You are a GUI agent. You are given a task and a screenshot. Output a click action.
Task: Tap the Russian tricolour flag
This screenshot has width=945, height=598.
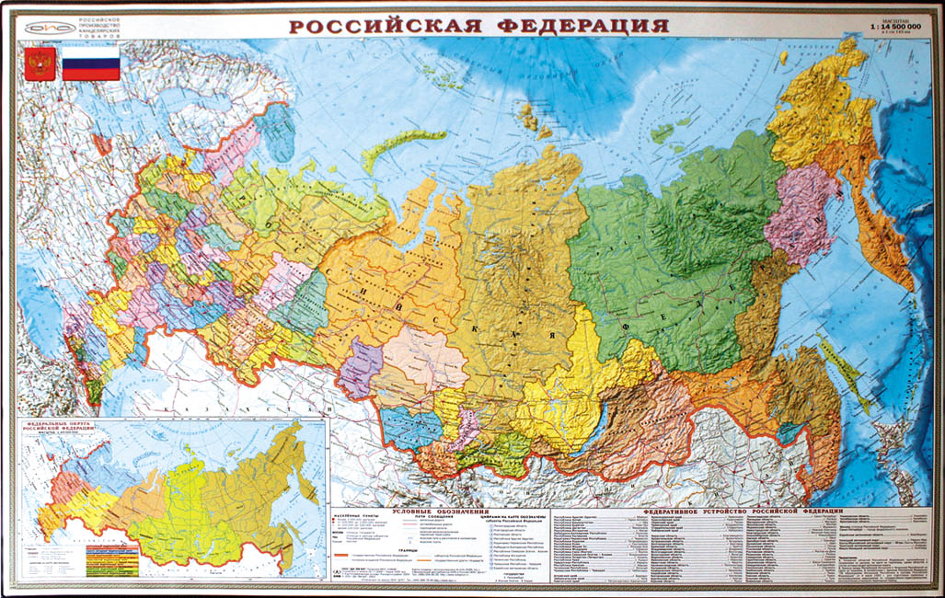click(91, 64)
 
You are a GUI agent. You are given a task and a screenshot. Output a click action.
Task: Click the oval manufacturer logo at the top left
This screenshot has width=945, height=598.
click(43, 27)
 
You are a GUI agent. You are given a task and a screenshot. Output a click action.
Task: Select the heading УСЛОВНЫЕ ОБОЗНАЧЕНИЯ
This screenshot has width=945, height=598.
click(439, 511)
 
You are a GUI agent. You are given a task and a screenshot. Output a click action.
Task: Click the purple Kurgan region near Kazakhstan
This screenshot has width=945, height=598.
click(360, 368)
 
